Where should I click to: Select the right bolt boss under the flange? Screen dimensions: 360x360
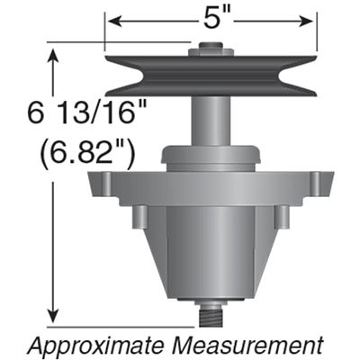281,216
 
